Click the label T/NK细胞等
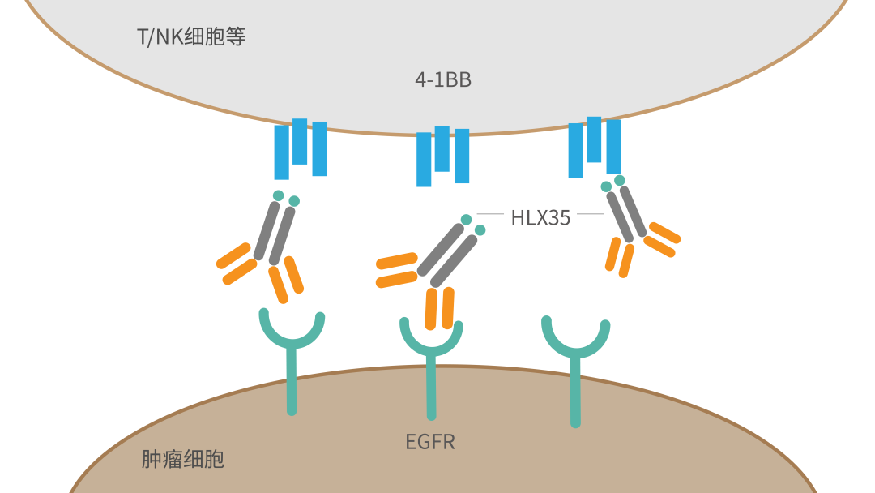[191, 37]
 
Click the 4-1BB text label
[442, 79]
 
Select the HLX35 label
[540, 217]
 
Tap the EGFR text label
[430, 442]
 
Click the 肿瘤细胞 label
[182, 460]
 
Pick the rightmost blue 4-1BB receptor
[595, 147]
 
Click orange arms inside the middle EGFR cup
[439, 310]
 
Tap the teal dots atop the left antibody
[286, 198]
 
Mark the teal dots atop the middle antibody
[473, 225]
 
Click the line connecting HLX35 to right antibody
[590, 214]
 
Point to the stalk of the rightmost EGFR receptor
[575, 393]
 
